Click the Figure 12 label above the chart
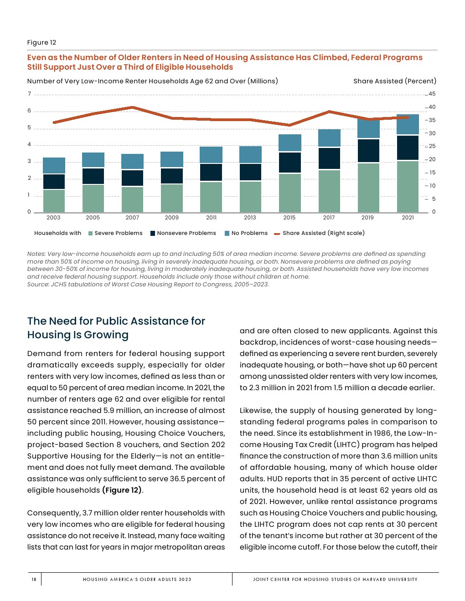(x=41, y=42)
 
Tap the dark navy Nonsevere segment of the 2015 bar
(x=289, y=163)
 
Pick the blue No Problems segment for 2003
(x=54, y=165)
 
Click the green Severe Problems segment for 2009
(x=172, y=198)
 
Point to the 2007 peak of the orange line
(x=132, y=107)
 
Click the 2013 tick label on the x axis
(x=250, y=218)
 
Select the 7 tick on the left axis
(x=29, y=94)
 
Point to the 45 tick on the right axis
(x=432, y=94)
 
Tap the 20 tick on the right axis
(x=432, y=159)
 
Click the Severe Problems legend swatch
(x=90, y=234)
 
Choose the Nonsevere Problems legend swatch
(x=153, y=234)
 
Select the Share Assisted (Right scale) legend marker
(x=277, y=234)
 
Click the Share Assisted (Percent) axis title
(x=394, y=81)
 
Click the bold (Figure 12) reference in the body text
(x=122, y=490)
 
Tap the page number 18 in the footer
(x=34, y=579)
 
